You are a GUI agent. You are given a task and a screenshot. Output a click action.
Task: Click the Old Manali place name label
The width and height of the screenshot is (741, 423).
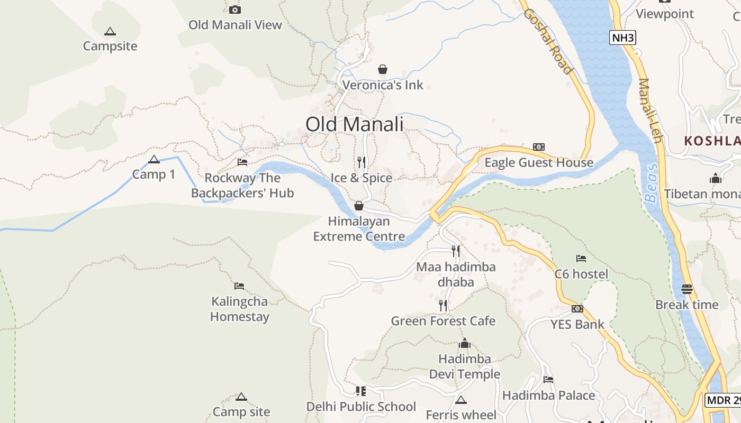(x=354, y=124)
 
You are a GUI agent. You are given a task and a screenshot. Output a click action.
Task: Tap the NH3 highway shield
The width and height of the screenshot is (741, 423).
(x=622, y=38)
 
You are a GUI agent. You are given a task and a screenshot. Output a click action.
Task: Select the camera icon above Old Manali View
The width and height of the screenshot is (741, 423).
(x=235, y=10)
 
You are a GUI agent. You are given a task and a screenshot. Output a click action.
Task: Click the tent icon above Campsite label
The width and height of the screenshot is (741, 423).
(x=110, y=31)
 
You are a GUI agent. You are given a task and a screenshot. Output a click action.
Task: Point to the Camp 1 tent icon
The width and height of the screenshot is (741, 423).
(x=154, y=160)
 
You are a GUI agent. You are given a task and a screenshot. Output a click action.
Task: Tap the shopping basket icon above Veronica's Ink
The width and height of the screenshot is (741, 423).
(x=383, y=69)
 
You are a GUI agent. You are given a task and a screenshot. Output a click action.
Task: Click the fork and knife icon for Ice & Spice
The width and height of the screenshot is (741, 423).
(x=362, y=162)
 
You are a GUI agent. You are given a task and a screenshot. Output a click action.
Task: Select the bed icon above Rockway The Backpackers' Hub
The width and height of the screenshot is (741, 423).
(x=242, y=162)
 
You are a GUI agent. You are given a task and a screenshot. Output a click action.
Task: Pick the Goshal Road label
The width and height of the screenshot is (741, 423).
(x=548, y=41)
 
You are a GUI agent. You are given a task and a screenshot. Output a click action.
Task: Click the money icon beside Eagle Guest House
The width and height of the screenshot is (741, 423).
(x=539, y=147)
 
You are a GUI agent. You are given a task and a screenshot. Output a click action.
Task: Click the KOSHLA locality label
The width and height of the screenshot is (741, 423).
(x=712, y=141)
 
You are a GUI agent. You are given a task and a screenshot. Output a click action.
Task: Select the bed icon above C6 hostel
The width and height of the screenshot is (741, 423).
(x=581, y=259)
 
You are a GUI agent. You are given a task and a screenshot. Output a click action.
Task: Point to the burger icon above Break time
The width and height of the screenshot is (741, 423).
(x=687, y=289)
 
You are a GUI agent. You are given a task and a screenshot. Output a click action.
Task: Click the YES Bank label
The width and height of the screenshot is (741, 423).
(x=577, y=324)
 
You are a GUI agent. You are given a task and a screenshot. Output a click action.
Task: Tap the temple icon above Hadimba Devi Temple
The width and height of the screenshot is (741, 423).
(x=465, y=344)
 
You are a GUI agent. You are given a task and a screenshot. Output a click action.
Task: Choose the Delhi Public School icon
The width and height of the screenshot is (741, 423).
(x=361, y=391)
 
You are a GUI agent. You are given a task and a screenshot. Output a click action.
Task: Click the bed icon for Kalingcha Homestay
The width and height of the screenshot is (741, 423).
(x=239, y=286)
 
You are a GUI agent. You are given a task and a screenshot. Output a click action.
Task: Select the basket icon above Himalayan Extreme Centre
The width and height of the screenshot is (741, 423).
(x=359, y=206)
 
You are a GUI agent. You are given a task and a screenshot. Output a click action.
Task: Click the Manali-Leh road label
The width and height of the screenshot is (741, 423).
(x=650, y=111)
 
